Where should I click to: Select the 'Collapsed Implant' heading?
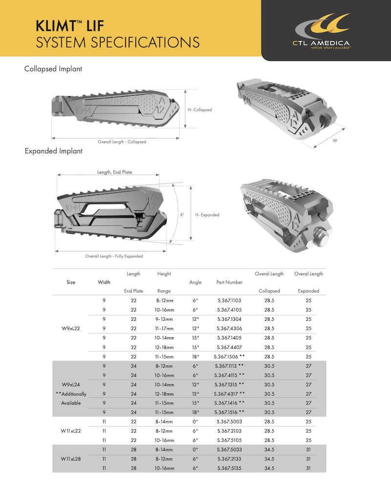tap(53, 69)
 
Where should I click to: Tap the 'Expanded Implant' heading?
tap(54, 151)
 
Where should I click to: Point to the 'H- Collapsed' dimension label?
tap(199, 110)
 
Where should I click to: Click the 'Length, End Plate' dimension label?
tap(114, 172)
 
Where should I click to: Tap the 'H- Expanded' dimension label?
tap(207, 215)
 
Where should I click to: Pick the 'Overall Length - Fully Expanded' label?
tap(114, 256)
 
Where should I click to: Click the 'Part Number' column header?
tap(229, 282)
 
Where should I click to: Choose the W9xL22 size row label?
tap(71, 328)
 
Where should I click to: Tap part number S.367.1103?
tap(229, 300)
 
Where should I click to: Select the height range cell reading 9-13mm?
tap(164, 319)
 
